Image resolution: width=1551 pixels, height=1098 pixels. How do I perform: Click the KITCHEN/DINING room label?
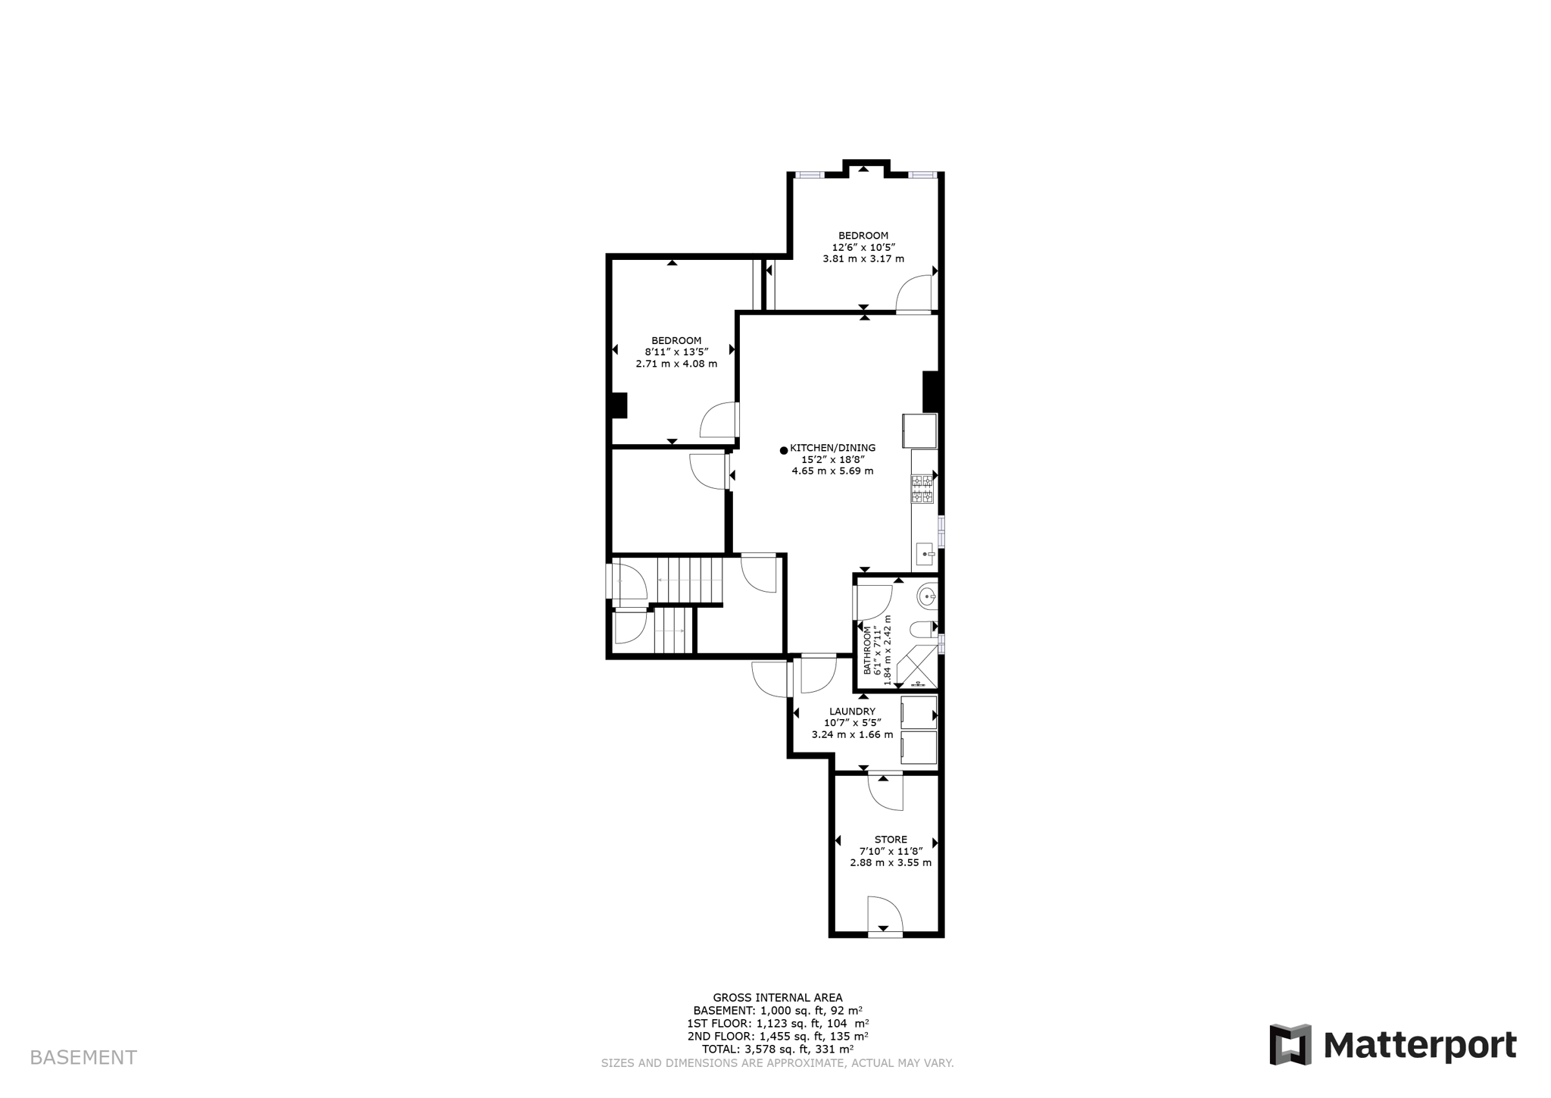832,448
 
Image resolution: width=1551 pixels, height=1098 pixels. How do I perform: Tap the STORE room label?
891,840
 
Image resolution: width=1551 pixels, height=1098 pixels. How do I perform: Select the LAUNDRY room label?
852,712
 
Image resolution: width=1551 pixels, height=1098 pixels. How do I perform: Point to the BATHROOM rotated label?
868,650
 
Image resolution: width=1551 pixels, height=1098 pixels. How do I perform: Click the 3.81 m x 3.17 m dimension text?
863,258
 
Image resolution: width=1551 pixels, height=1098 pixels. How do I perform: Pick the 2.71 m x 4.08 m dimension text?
676,364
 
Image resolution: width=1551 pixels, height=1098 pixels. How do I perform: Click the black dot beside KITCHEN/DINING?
784,450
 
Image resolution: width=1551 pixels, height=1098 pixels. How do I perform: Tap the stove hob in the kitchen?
922,489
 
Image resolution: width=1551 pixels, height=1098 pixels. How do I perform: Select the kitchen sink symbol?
925,554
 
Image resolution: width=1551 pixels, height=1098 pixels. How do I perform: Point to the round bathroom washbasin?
928,597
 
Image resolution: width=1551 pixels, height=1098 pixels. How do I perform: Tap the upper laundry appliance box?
919,713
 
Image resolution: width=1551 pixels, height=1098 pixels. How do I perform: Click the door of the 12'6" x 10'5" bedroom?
913,296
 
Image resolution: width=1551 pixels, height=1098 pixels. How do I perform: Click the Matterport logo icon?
1290,1045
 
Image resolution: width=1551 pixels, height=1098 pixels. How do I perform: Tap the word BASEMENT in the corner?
83,1058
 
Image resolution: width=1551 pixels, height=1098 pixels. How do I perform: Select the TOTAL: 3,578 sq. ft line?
777,1050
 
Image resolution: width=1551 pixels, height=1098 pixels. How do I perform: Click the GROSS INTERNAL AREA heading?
777,998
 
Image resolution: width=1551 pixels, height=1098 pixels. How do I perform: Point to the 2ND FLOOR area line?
777,1037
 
